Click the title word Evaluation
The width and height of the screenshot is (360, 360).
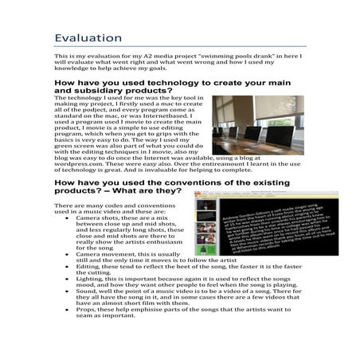[x=88, y=38]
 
